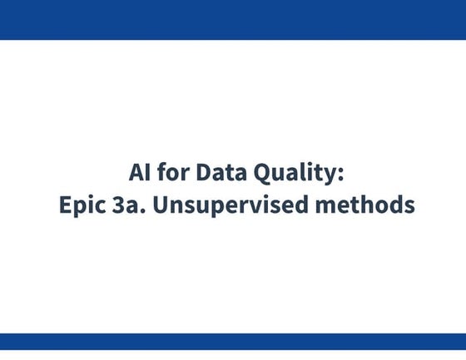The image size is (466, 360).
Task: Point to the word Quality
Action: tap(297, 175)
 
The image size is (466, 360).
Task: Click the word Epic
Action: tap(81, 205)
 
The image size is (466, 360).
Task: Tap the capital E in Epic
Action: tap(66, 204)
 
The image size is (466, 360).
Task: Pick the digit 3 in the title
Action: tap(119, 204)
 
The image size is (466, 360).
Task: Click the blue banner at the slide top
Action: tap(233, 19)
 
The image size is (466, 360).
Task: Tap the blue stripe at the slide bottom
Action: tap(233, 341)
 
